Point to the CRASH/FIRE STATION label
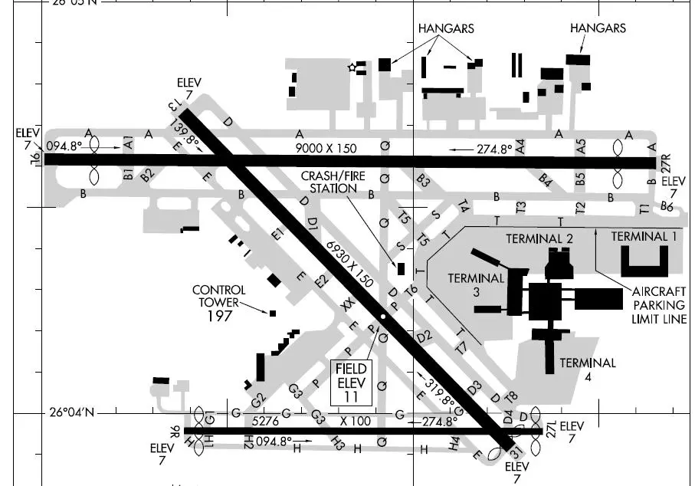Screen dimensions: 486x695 [329, 182]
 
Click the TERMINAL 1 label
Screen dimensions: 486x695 [644, 236]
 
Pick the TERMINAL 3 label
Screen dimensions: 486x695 [476, 284]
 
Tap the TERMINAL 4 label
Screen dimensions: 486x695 [588, 369]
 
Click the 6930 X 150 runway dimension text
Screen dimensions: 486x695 [349, 264]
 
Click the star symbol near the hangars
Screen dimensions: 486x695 [352, 67]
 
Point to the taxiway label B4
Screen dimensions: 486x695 [546, 181]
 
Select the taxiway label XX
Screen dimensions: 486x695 [349, 305]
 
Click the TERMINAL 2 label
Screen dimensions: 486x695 [539, 239]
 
